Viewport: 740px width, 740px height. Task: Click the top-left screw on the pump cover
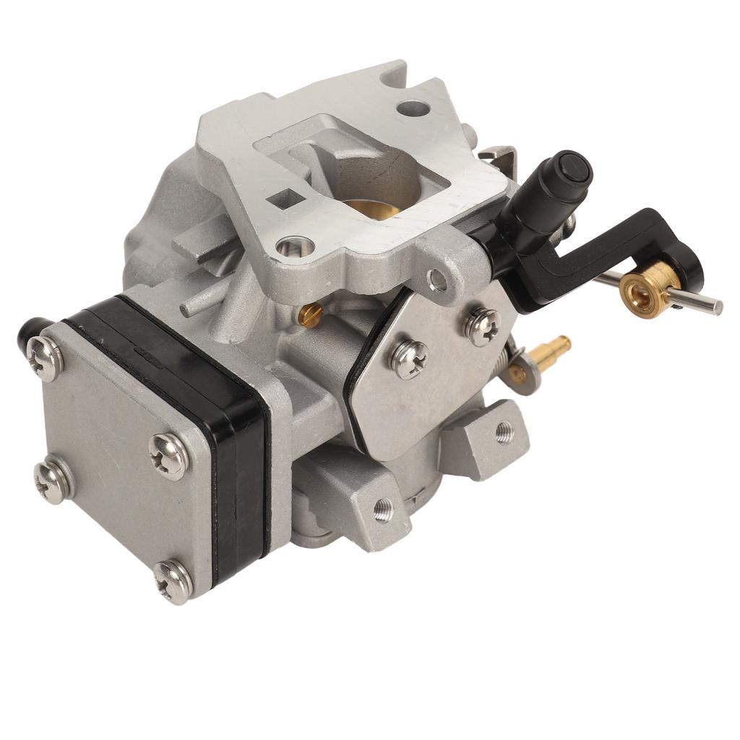coord(45,358)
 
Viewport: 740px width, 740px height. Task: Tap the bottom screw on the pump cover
coord(173,580)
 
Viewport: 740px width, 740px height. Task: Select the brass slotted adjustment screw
coord(310,314)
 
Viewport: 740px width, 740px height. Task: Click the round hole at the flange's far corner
coord(413,109)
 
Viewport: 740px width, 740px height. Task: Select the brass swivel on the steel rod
coord(639,287)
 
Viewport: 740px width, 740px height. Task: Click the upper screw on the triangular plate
coord(482,326)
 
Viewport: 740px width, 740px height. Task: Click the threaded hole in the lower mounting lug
coord(383,509)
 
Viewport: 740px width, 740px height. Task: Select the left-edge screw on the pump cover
coord(53,481)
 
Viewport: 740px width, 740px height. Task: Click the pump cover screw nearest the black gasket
coord(168,457)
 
